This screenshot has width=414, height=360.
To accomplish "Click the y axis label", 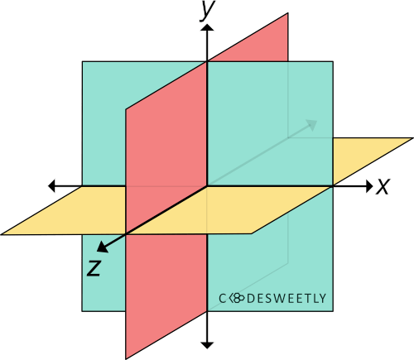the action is tap(207, 10).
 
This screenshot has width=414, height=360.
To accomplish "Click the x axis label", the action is tap(383, 187).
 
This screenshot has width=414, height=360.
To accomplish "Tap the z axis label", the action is tap(94, 268).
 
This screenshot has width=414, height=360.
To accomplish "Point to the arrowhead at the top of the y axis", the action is tap(207, 27).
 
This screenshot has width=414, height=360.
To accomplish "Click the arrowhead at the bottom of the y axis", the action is tap(207, 345).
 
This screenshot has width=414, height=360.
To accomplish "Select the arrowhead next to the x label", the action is tap(369, 186).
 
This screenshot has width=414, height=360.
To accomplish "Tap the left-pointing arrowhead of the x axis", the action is tap(51, 185).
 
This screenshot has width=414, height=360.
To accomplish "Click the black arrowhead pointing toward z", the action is tap(102, 247).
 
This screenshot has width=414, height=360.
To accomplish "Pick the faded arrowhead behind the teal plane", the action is tap(312, 125).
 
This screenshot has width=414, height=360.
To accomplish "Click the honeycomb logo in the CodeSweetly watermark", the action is tap(237, 298).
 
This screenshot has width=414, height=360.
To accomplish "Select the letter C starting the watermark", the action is tap(223, 299).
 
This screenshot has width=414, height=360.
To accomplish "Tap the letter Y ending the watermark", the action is tap(322, 299).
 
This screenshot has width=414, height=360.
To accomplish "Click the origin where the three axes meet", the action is tap(207, 186).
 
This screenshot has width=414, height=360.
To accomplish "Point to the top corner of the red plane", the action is tap(288, 12).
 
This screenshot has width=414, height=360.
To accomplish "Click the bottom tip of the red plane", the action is tap(126, 359).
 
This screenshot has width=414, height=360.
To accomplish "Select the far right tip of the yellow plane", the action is tap(413, 137).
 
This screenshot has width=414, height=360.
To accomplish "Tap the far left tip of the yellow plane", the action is tap(1, 235).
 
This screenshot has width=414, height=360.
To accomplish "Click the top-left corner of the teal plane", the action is tap(82, 61).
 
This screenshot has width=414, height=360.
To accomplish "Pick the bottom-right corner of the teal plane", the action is tap(333, 311).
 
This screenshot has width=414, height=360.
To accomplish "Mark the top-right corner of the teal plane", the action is tap(333, 61).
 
